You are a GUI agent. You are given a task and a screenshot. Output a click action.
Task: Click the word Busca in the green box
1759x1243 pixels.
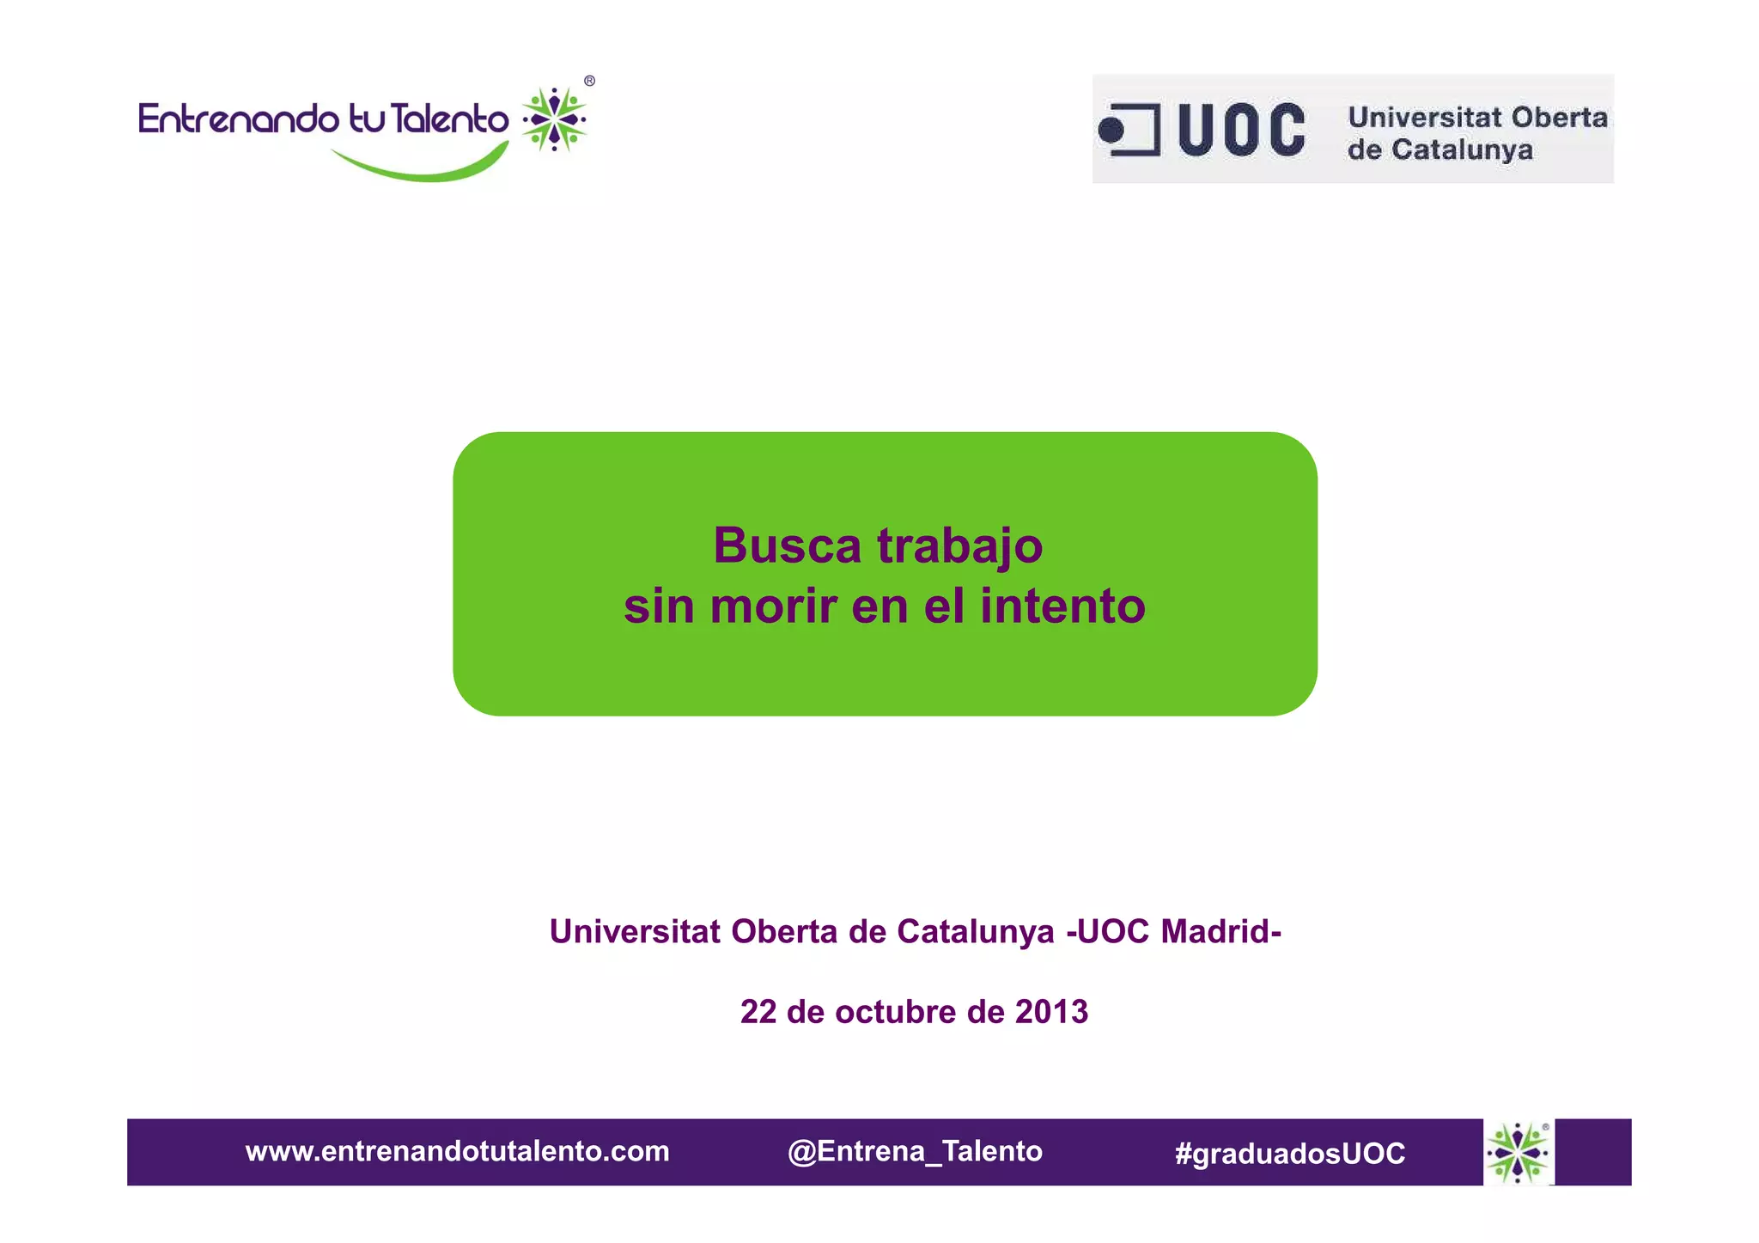(787, 545)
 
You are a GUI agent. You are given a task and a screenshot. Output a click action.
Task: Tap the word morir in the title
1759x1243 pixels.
(773, 606)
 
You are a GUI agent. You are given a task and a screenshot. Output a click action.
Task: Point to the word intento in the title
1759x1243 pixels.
(1062, 606)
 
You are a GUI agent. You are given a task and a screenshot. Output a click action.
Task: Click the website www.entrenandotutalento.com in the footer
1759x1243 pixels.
(457, 1151)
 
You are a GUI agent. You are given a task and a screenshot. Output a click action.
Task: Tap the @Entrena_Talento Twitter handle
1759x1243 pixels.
(915, 1151)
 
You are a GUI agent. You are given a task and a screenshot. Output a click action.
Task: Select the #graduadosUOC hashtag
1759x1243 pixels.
(1289, 1153)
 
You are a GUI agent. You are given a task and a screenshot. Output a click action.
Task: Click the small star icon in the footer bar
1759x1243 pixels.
(1518, 1152)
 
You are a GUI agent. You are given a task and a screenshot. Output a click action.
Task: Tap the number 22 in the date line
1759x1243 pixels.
(758, 1012)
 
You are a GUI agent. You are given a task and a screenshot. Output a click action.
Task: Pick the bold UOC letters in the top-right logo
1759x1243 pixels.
(1241, 131)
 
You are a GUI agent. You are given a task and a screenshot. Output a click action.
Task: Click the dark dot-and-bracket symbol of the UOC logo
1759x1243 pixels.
(1129, 130)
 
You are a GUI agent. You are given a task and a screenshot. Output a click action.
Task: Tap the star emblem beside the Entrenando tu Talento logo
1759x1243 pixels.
(555, 119)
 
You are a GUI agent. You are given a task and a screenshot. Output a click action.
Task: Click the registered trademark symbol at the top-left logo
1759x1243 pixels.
(589, 81)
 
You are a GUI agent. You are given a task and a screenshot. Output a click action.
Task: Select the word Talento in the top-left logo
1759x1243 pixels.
(450, 119)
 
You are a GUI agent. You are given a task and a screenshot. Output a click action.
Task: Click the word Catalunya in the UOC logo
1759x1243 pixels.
(1461, 149)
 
